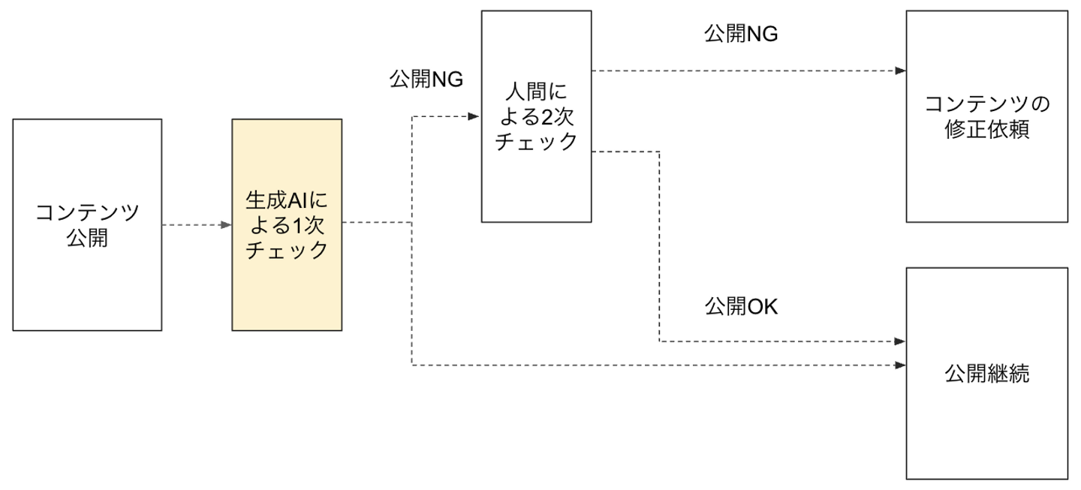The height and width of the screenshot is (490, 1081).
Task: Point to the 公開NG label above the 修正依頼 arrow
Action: pyautogui.click(x=741, y=35)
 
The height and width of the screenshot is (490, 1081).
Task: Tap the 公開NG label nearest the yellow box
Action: pyautogui.click(x=426, y=79)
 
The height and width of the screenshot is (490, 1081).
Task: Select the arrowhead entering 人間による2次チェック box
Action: pyautogui.click(x=474, y=116)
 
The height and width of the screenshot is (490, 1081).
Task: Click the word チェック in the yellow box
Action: pyautogui.click(x=286, y=250)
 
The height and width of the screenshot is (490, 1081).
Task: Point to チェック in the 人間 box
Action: pyautogui.click(x=536, y=141)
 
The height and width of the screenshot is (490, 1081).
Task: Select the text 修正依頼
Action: pyautogui.click(x=986, y=129)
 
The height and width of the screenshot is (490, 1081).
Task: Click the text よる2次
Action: pyautogui.click(x=536, y=116)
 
